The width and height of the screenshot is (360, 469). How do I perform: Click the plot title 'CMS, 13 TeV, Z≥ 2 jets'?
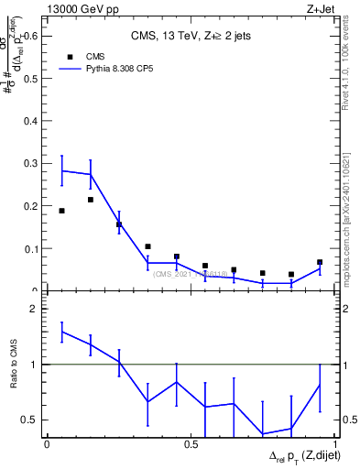pyautogui.click(x=190, y=37)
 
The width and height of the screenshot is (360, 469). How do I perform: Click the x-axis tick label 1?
pyautogui.click(x=336, y=444)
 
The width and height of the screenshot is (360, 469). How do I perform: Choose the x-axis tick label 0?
pyautogui.click(x=47, y=444)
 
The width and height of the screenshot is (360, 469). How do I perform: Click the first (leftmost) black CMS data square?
pyautogui.click(x=61, y=211)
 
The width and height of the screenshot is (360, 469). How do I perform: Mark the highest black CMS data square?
pyautogui.click(x=90, y=200)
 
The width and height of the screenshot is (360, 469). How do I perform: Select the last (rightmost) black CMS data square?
pyautogui.click(x=320, y=263)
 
